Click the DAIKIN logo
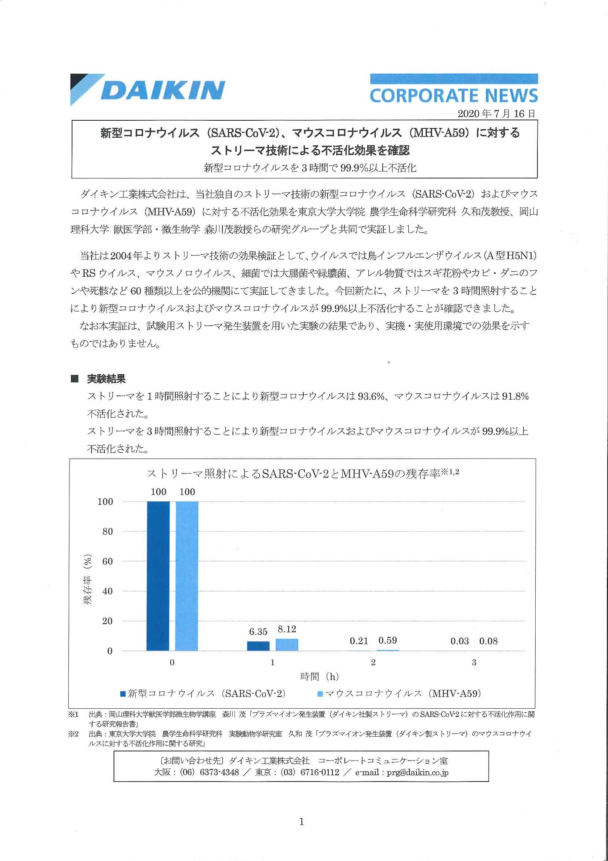(x=148, y=90)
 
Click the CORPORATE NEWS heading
(x=454, y=96)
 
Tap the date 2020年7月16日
(x=496, y=114)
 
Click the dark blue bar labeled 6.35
(x=258, y=646)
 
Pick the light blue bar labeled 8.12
(x=287, y=645)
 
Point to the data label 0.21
(x=359, y=641)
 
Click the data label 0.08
(x=489, y=641)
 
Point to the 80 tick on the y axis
(x=107, y=531)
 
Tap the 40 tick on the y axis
(x=107, y=591)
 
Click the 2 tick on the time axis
(x=373, y=663)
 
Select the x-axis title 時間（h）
(x=319, y=677)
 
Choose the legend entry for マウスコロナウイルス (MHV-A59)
(x=399, y=693)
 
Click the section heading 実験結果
(x=106, y=379)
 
